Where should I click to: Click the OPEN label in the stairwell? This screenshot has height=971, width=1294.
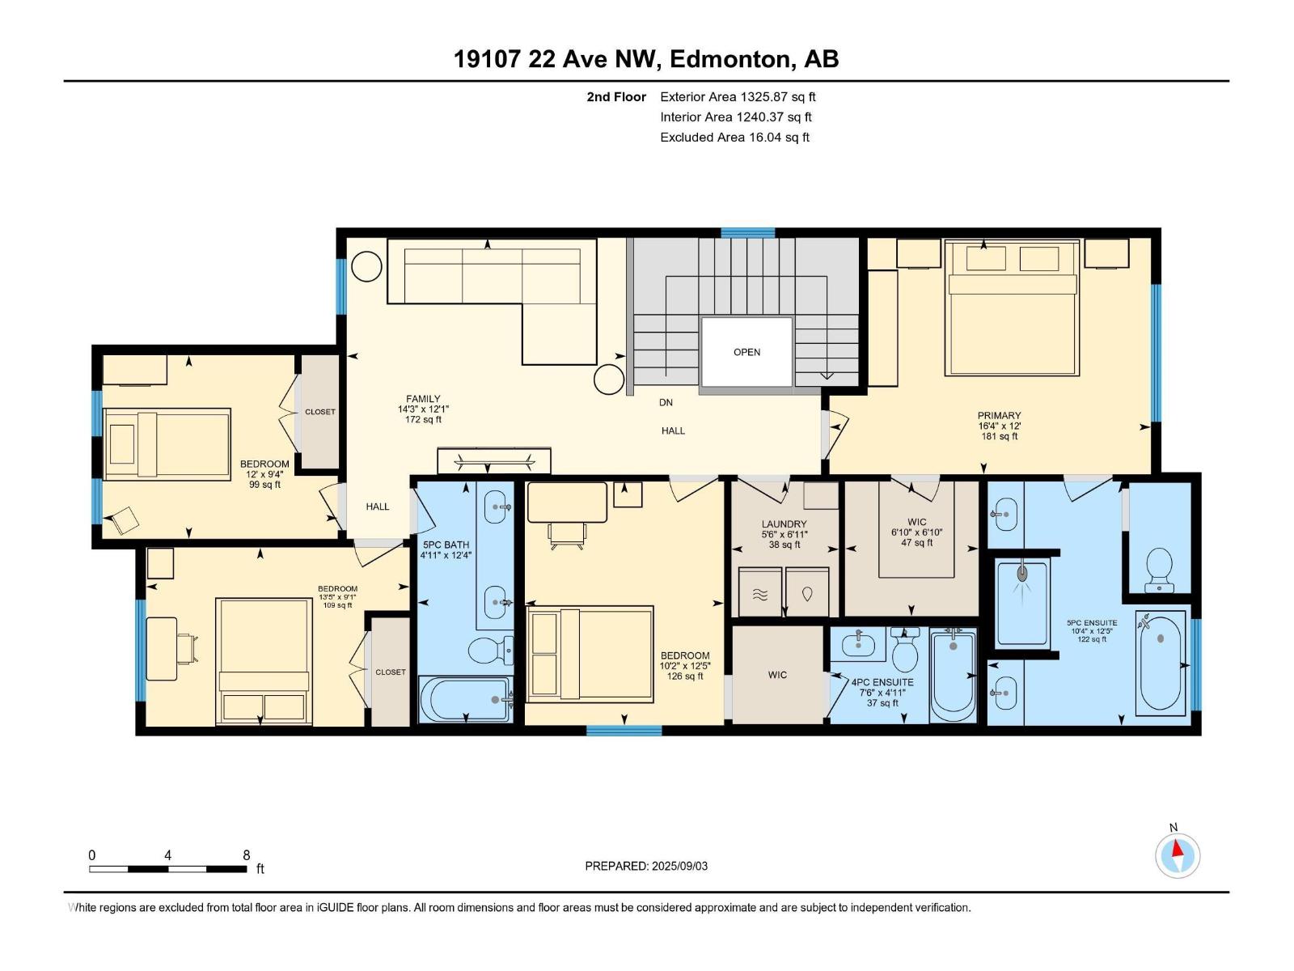[x=746, y=352]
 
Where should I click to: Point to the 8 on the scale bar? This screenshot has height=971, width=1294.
[x=246, y=855]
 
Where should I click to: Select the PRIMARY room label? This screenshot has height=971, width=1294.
[x=999, y=416]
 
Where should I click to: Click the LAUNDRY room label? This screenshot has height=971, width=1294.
[x=784, y=524]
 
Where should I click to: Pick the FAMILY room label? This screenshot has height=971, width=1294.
[x=423, y=399]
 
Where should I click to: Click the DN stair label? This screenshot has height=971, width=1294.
[x=666, y=402]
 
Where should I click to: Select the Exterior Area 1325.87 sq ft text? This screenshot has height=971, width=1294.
[x=737, y=97]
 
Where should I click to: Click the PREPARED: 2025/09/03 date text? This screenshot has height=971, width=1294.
[x=646, y=866]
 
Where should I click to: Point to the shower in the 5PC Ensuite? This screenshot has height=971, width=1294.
[x=1022, y=603]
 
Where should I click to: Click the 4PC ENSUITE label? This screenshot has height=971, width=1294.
[x=882, y=682]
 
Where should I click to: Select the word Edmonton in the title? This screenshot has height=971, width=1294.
[x=729, y=59]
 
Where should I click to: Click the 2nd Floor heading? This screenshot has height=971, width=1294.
[x=616, y=97]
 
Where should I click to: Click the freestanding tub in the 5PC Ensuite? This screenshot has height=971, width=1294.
[x=1161, y=663]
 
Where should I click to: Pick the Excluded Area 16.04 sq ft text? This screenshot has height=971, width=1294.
[x=734, y=138]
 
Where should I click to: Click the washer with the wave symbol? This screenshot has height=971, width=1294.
[x=760, y=593]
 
